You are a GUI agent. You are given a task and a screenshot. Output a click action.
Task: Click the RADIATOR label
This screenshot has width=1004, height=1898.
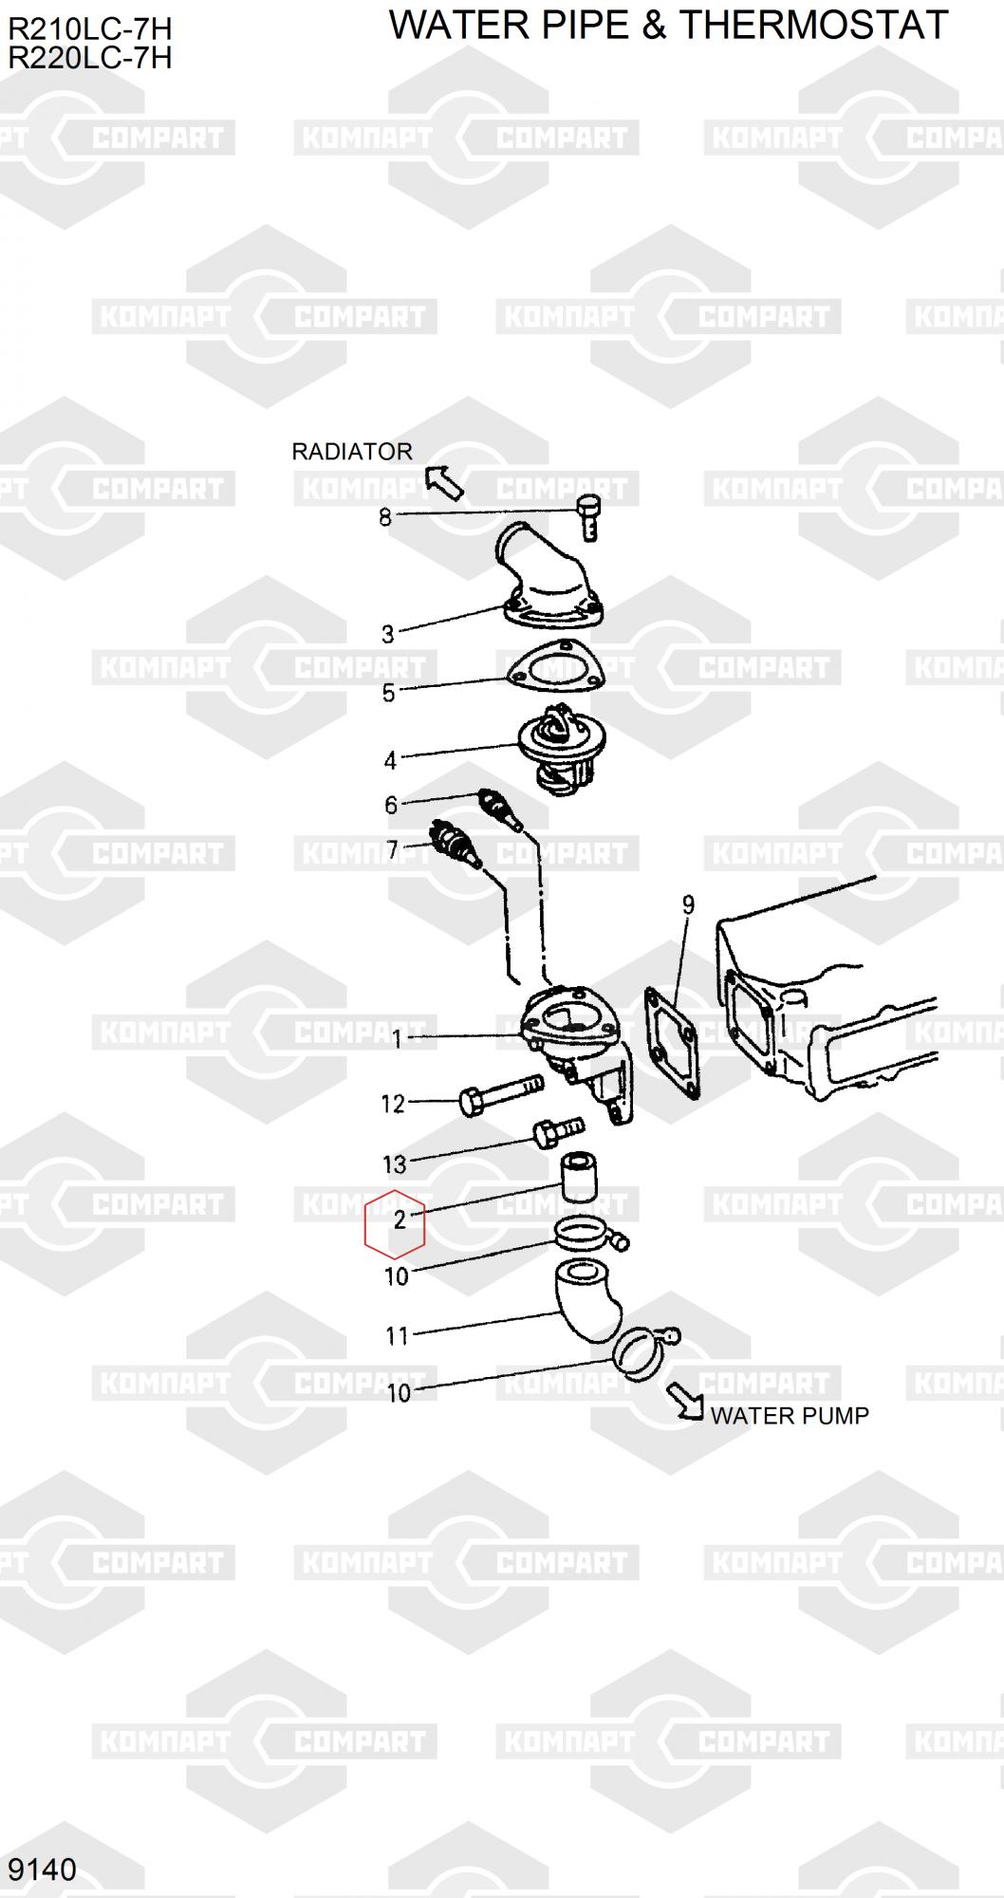pos(351,452)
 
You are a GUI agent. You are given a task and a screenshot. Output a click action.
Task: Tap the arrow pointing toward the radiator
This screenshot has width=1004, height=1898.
pos(443,482)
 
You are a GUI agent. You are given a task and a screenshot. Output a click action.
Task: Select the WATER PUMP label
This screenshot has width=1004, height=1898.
pos(790,1416)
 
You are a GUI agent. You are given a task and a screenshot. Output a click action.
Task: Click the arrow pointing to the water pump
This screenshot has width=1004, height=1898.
pos(685,1401)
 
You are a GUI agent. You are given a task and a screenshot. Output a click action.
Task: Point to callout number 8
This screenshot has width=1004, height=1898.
pos(384,518)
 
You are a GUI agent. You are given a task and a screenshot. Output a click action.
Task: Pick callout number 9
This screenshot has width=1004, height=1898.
pos(688,904)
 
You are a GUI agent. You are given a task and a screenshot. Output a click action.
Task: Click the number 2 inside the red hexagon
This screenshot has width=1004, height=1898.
pos(400,1219)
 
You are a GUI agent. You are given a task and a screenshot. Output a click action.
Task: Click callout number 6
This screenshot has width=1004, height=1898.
pos(391,806)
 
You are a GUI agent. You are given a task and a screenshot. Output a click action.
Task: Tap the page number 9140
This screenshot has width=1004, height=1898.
pos(42,1870)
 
